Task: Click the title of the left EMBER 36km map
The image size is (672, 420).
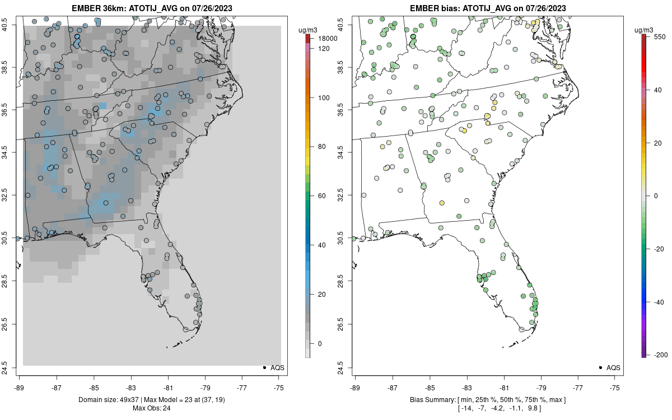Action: click(152, 8)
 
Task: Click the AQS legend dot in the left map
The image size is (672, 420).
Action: click(264, 368)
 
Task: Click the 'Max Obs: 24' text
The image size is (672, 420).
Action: click(152, 408)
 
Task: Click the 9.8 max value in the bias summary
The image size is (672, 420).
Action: click(533, 408)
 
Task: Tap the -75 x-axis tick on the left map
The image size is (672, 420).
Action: click(279, 387)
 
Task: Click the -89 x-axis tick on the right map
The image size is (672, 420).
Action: click(355, 387)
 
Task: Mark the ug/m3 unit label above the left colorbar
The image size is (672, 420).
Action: click(311, 29)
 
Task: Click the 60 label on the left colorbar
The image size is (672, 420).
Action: click(323, 196)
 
